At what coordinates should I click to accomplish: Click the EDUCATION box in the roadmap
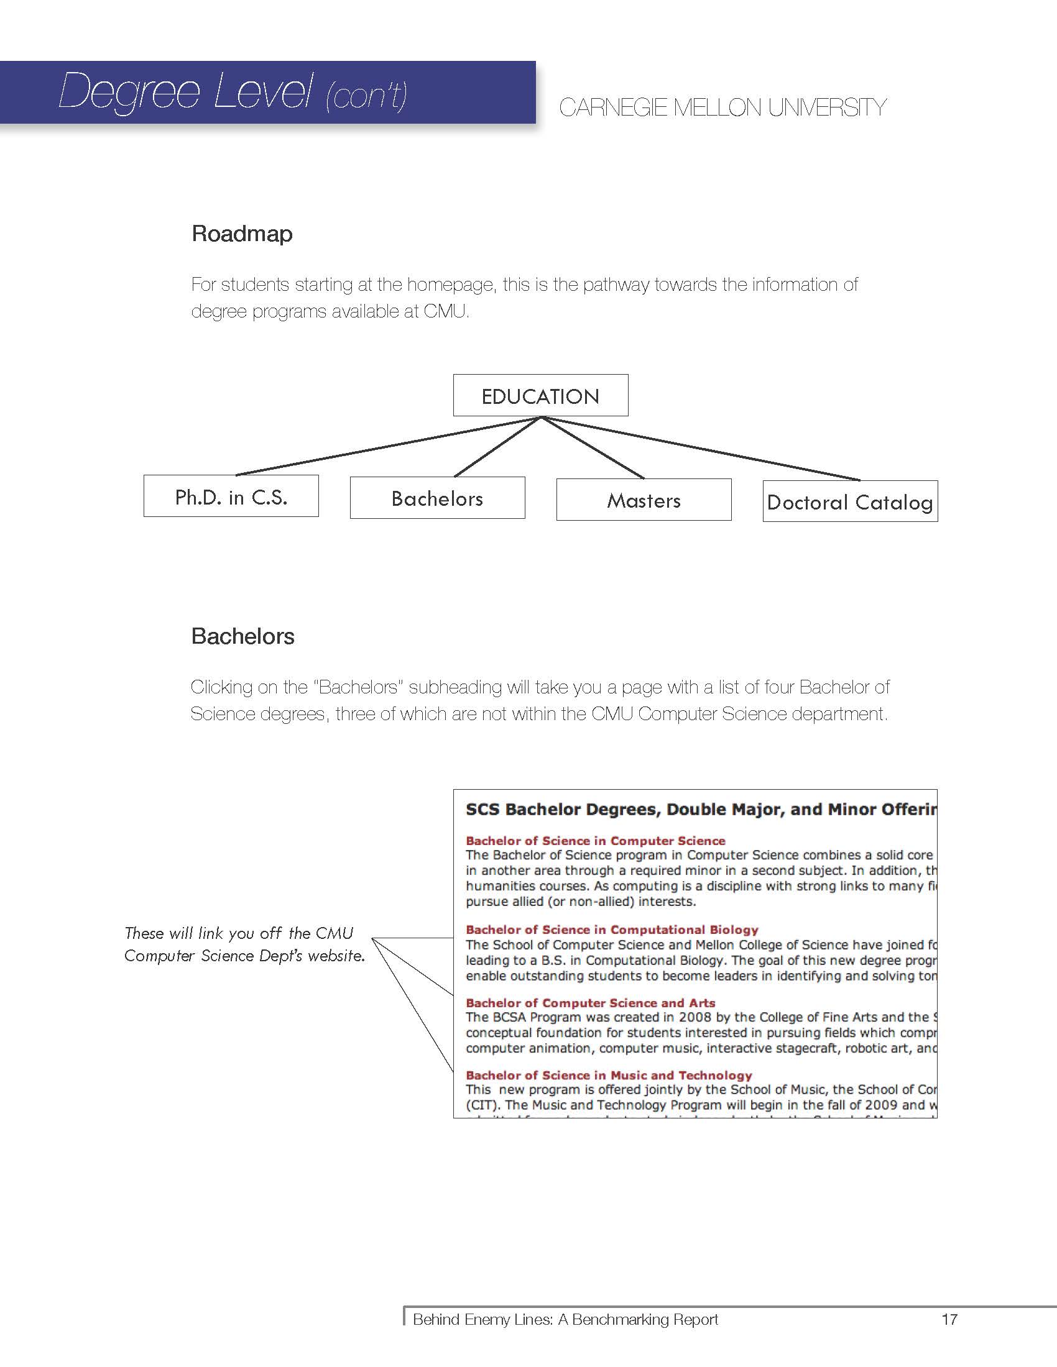tap(540, 396)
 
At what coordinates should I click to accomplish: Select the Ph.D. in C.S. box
tap(231, 496)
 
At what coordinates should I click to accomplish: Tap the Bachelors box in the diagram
tap(437, 498)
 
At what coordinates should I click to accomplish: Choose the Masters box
tap(644, 500)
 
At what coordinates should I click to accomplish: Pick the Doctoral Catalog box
tap(850, 502)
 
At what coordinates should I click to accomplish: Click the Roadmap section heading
tap(242, 234)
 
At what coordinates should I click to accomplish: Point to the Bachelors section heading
tap(243, 636)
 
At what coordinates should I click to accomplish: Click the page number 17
tap(949, 1319)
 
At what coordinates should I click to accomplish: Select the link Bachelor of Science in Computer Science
tap(595, 841)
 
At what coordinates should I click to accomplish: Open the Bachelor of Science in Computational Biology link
tap(612, 930)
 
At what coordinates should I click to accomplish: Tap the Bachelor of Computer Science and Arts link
tap(590, 1003)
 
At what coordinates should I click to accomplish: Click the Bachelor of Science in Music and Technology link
tap(609, 1076)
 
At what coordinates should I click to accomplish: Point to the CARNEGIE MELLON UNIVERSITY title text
tap(722, 107)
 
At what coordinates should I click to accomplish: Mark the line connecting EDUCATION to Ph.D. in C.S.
tap(388, 446)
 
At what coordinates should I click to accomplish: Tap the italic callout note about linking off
tap(244, 944)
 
